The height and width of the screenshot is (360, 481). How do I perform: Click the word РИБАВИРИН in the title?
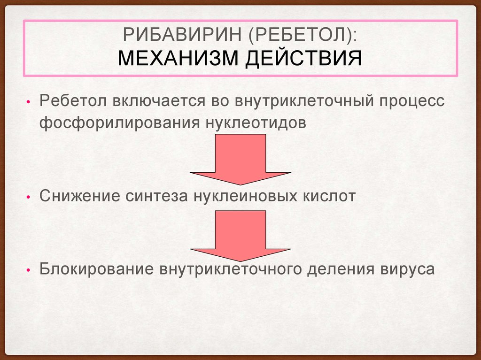click(182, 35)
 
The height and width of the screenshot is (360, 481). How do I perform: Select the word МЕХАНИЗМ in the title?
click(178, 58)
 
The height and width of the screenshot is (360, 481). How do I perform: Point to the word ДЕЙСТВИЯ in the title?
click(304, 59)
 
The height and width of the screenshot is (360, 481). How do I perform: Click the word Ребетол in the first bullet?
click(73, 100)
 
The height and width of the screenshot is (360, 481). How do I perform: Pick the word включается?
click(159, 101)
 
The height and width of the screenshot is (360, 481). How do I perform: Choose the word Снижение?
click(80, 196)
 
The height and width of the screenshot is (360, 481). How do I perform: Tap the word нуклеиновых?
click(245, 196)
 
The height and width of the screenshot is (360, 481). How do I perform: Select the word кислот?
click(329, 196)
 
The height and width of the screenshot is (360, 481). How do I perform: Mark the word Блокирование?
click(97, 268)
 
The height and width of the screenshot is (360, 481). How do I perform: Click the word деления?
click(341, 269)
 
